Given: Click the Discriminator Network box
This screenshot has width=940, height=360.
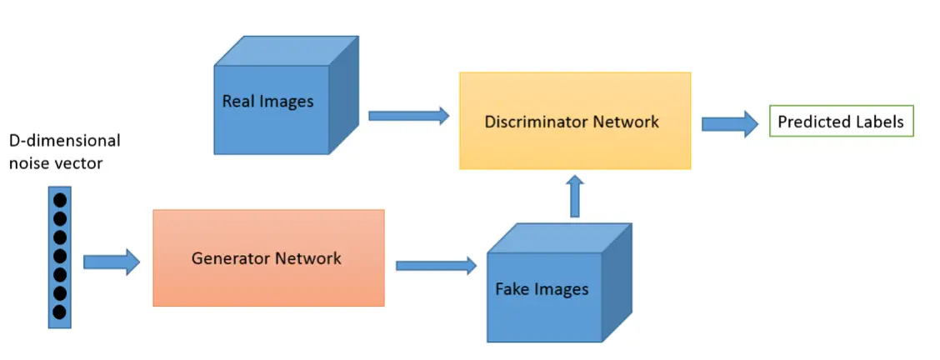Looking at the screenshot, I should [574, 122].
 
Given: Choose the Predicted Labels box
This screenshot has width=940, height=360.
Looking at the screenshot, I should [840, 122].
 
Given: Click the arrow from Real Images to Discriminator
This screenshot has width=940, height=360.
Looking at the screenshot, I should [408, 116].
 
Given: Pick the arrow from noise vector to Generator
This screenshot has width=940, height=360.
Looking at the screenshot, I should [111, 262].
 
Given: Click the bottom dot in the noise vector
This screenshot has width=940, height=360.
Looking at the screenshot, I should [59, 312].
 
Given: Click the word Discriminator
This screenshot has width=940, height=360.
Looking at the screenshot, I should [537, 122].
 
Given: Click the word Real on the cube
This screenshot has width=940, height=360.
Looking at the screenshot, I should [237, 102].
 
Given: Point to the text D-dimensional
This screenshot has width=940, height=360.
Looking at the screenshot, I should [64, 140].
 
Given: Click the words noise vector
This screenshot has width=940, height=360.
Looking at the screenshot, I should [55, 163].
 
